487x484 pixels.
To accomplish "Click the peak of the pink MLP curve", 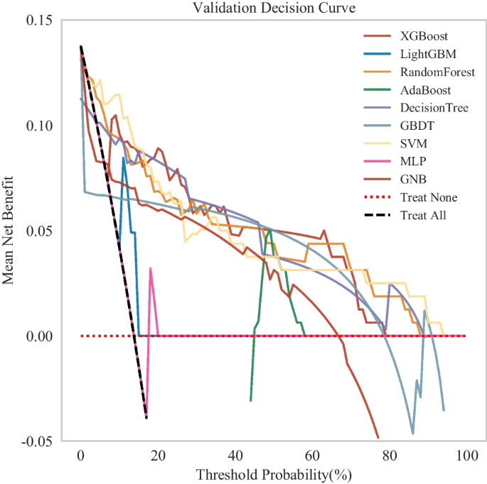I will pos(150,268).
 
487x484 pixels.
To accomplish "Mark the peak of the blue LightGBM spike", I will pos(124,158).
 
